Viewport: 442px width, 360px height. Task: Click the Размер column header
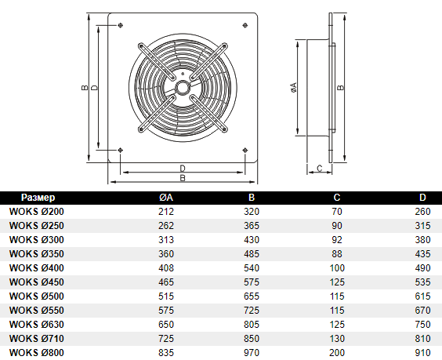pyautogui.click(x=38, y=198)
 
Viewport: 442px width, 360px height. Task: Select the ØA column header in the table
pyautogui.click(x=166, y=198)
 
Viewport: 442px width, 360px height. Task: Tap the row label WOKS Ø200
pyautogui.click(x=37, y=212)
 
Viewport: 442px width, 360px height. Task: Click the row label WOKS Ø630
pyautogui.click(x=37, y=325)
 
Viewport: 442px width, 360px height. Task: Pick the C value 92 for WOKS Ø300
pyautogui.click(x=337, y=240)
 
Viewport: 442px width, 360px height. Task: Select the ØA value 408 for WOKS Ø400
pyautogui.click(x=166, y=268)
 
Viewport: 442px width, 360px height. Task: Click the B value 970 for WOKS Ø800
pyautogui.click(x=252, y=353)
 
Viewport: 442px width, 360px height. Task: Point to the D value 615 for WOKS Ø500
pyautogui.click(x=422, y=296)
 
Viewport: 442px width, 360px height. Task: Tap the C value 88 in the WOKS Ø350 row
pyautogui.click(x=337, y=254)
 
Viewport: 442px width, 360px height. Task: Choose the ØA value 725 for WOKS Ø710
pyautogui.click(x=166, y=339)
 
